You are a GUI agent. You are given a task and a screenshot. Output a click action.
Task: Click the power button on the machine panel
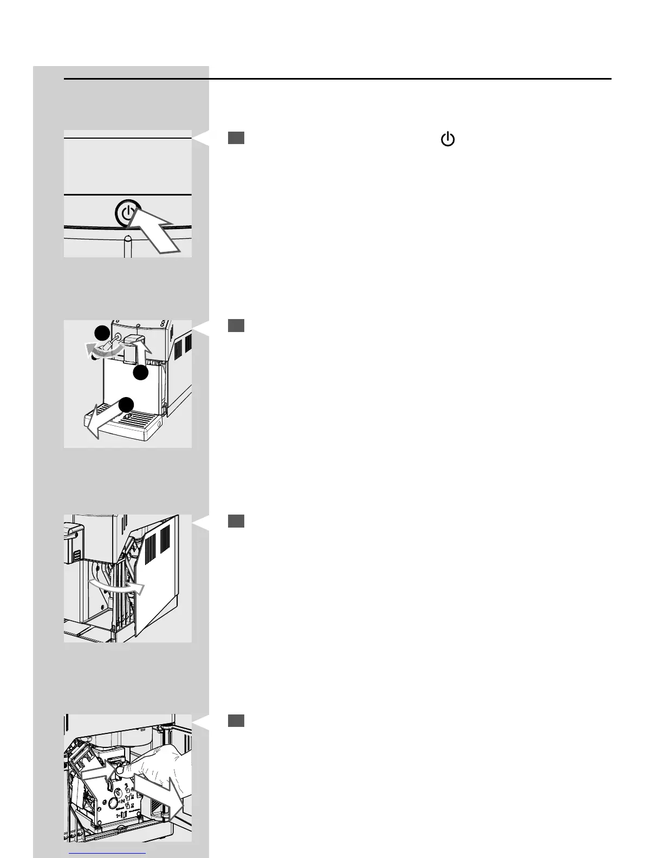pos(127,212)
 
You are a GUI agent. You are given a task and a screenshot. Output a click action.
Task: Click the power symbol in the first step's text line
pos(447,140)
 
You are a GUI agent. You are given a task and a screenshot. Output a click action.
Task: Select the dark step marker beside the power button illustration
pos(236,138)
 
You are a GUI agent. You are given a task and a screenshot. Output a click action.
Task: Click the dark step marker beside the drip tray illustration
pos(236,325)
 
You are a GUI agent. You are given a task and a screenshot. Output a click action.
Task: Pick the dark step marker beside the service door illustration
pos(236,521)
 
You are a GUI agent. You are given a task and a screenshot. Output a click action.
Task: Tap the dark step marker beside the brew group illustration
pos(236,720)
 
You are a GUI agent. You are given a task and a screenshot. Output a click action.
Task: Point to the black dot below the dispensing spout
pos(141,373)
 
